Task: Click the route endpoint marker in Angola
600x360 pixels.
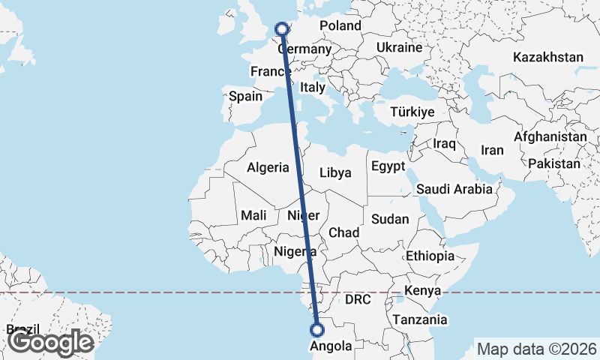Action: tap(317, 328)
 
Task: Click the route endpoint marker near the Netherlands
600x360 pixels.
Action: tap(282, 29)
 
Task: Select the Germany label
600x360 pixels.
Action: tap(304, 49)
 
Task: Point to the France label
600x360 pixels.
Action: tap(271, 72)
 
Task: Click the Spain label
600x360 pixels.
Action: tap(245, 96)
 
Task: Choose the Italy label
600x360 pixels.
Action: tap(312, 88)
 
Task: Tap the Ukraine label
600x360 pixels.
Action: tap(399, 47)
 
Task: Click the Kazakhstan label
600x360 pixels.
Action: tap(548, 57)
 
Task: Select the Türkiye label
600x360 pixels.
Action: tap(412, 112)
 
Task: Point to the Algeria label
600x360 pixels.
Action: tap(268, 168)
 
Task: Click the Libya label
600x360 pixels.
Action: tap(335, 172)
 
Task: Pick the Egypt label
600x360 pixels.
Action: tap(388, 166)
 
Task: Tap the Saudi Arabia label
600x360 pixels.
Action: tap(454, 189)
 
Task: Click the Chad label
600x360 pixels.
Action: tap(343, 232)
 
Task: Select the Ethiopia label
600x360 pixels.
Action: tap(430, 256)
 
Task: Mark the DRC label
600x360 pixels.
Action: tap(358, 300)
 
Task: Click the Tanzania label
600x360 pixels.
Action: tap(420, 319)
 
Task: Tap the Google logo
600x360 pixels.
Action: tap(50, 343)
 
